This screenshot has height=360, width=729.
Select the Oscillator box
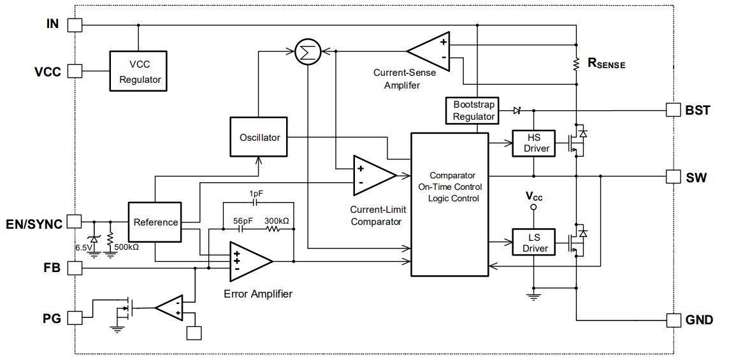pyautogui.click(x=259, y=138)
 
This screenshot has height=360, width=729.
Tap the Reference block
pyautogui.click(x=155, y=222)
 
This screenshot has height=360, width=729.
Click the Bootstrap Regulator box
pyautogui.click(x=473, y=110)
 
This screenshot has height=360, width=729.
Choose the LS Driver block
pyautogui.click(x=535, y=243)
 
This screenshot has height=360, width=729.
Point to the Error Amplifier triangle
pyautogui.click(x=248, y=261)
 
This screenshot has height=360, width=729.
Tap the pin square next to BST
pyautogui.click(x=673, y=110)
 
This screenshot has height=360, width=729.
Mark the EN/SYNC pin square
pyautogui.click(x=75, y=221)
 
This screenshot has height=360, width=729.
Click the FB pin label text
pyautogui.click(x=53, y=268)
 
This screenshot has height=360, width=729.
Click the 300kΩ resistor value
pyautogui.click(x=277, y=220)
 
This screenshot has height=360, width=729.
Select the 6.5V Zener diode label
pyautogui.click(x=83, y=247)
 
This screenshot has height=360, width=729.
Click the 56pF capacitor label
pyautogui.click(x=243, y=220)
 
